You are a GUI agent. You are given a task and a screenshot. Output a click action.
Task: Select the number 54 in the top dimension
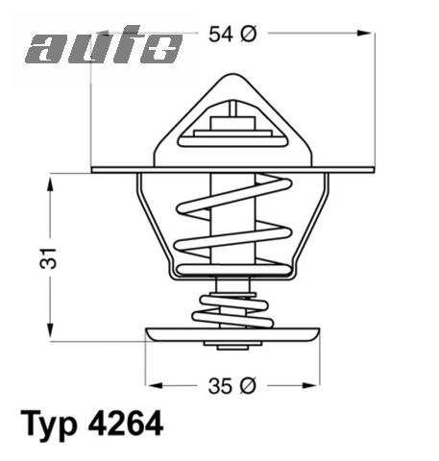tap(222, 34)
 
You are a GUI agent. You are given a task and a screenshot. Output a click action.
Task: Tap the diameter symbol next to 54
tap(246, 34)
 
